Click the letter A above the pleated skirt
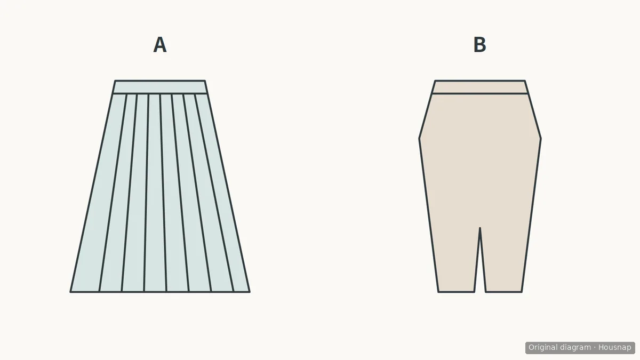point(160,45)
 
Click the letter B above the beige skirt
point(479,45)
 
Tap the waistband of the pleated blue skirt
point(160,87)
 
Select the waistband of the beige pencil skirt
point(480,87)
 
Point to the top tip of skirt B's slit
point(479,228)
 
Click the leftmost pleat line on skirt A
point(113,193)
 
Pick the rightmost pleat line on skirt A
point(214,193)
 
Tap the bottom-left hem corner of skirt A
point(70,292)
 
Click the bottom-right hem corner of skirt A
point(250,292)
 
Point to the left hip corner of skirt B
point(419,139)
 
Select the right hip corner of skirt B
point(541,139)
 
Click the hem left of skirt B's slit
point(457,292)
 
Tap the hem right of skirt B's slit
point(503,292)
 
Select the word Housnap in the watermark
point(614,348)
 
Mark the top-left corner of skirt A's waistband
point(115,81)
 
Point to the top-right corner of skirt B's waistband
point(525,81)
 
